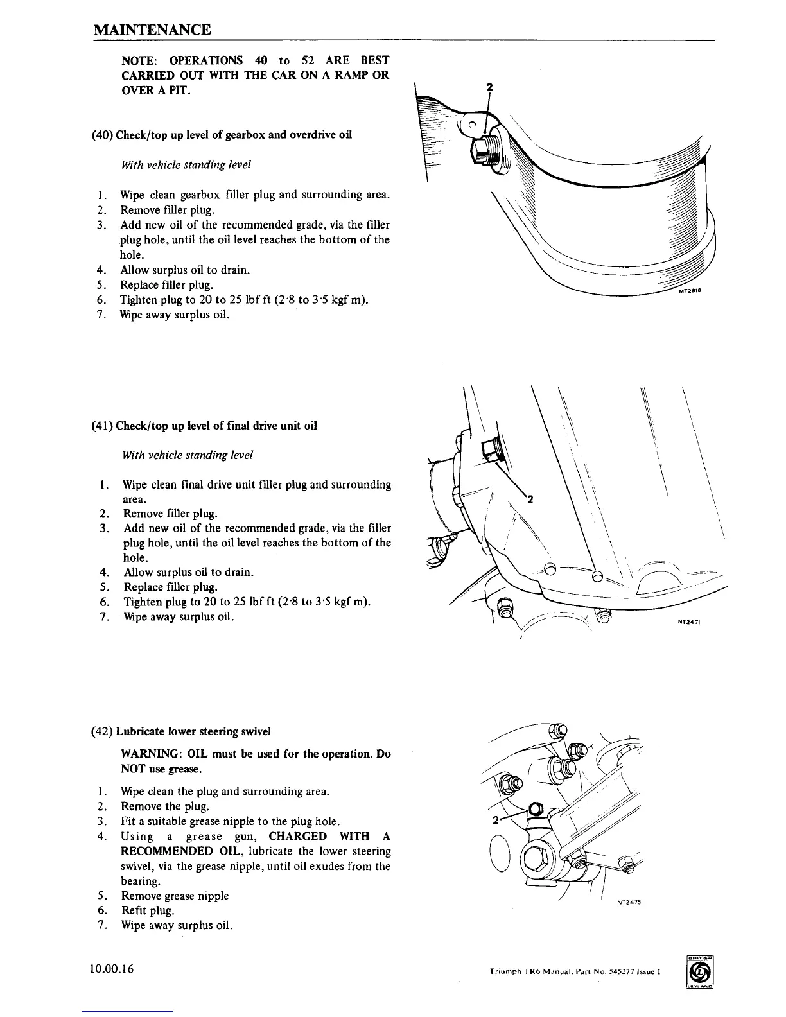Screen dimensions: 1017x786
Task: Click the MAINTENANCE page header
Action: coord(152,30)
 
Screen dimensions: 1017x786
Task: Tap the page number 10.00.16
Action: coord(112,969)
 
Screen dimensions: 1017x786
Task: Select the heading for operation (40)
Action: coord(222,135)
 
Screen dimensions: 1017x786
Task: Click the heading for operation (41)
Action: coord(204,426)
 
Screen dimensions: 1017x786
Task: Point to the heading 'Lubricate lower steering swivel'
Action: coord(193,731)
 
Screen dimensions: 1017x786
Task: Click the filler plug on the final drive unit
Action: coord(494,448)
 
